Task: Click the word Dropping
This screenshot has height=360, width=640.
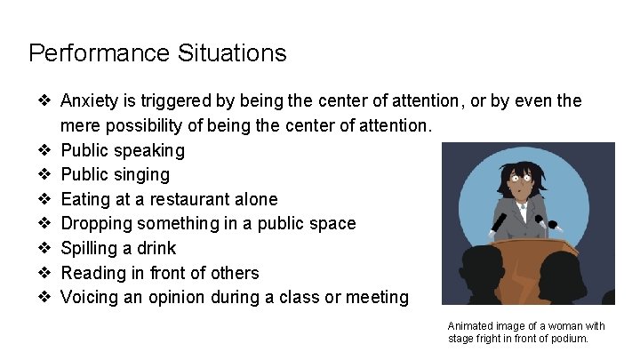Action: coord(96,224)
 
